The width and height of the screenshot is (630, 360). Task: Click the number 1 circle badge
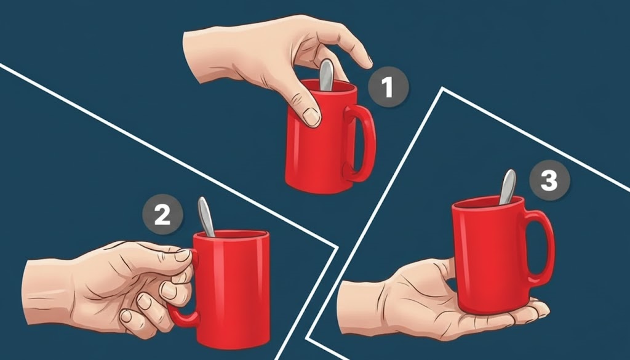pos(388,87)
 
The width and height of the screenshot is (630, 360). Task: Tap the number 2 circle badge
pos(162,215)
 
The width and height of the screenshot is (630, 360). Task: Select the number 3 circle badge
pos(549,180)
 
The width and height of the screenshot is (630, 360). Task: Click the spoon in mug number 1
pos(326,75)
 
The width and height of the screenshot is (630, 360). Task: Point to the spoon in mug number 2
pos(206,217)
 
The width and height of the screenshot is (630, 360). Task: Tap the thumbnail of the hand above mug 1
pos(312,116)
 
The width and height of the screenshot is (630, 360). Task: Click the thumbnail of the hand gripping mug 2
pos(183,255)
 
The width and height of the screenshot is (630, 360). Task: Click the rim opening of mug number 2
pos(231,234)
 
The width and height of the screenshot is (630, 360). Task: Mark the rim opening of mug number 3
pos(488,202)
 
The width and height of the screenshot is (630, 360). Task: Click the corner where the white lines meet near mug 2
pos(336,247)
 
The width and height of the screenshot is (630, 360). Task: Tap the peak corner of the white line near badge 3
pos(443,89)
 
